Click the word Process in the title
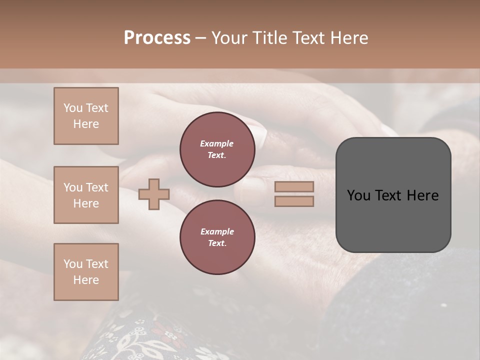pos(157,37)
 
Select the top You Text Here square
pos(86,116)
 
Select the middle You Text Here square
pos(86,195)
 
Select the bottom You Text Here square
pos(86,272)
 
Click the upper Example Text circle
pos(217,149)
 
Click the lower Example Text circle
pos(217,237)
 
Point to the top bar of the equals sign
pos(294,187)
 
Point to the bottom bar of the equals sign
pos(294,201)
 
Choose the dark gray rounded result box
pos(393,220)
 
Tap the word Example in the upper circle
pos(217,143)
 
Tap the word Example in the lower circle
pos(217,231)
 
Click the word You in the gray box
pos(358,195)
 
